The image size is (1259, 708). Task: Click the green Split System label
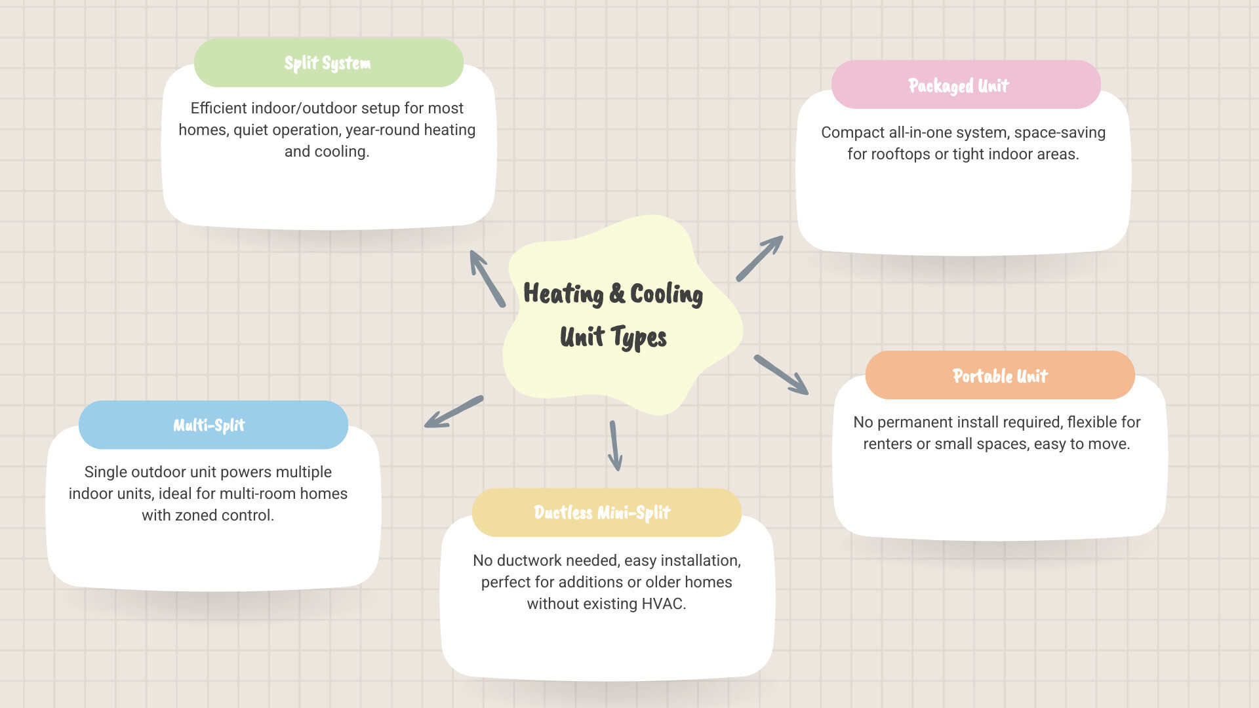coord(328,63)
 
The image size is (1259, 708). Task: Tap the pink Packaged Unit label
coord(958,85)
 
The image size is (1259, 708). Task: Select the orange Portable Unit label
coord(1000,376)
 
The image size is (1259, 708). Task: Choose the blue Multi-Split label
coord(209,425)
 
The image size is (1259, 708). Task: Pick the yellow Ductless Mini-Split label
coord(602,512)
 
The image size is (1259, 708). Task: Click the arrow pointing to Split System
coord(487,279)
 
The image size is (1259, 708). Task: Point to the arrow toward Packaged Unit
coord(759,258)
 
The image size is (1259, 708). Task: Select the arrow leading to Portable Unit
coord(780,374)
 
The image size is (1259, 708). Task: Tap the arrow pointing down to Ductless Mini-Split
coord(615,446)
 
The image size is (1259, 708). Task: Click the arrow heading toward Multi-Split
coord(454,412)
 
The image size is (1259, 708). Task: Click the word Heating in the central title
coord(563,294)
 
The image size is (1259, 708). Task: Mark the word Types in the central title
coord(639,338)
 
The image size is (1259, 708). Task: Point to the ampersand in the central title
coord(616,294)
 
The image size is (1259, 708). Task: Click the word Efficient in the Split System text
coord(218,108)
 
